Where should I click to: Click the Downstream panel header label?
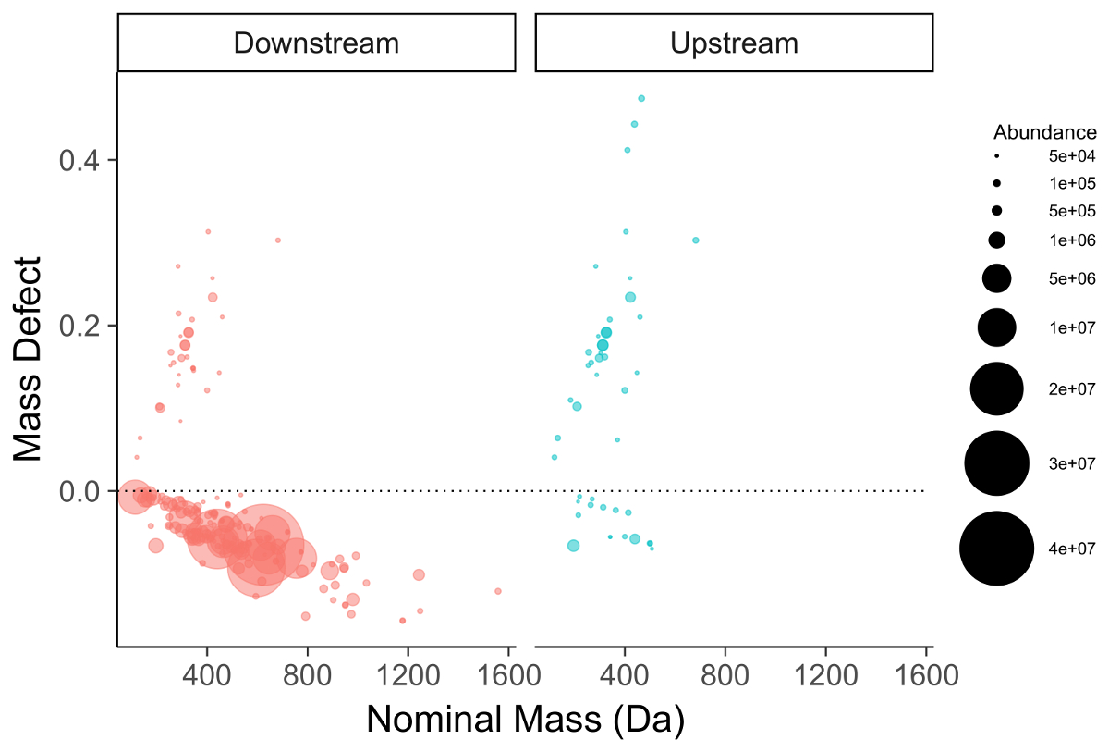pyautogui.click(x=316, y=43)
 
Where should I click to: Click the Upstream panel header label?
pyautogui.click(x=734, y=43)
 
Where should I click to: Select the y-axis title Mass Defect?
pyautogui.click(x=29, y=359)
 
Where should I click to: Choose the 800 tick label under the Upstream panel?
pyautogui.click(x=725, y=675)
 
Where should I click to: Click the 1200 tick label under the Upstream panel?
pyautogui.click(x=825, y=675)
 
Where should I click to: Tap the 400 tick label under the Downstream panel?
pyautogui.click(x=207, y=675)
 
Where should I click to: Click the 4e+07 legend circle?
pyautogui.click(x=996, y=549)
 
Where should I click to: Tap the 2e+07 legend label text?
pyautogui.click(x=1072, y=389)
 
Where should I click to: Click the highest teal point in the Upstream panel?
pyautogui.click(x=641, y=98)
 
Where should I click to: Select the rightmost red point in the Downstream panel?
pyautogui.click(x=498, y=591)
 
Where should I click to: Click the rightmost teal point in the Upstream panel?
pyautogui.click(x=696, y=240)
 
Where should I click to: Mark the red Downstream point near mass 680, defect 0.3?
pyautogui.click(x=277, y=240)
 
